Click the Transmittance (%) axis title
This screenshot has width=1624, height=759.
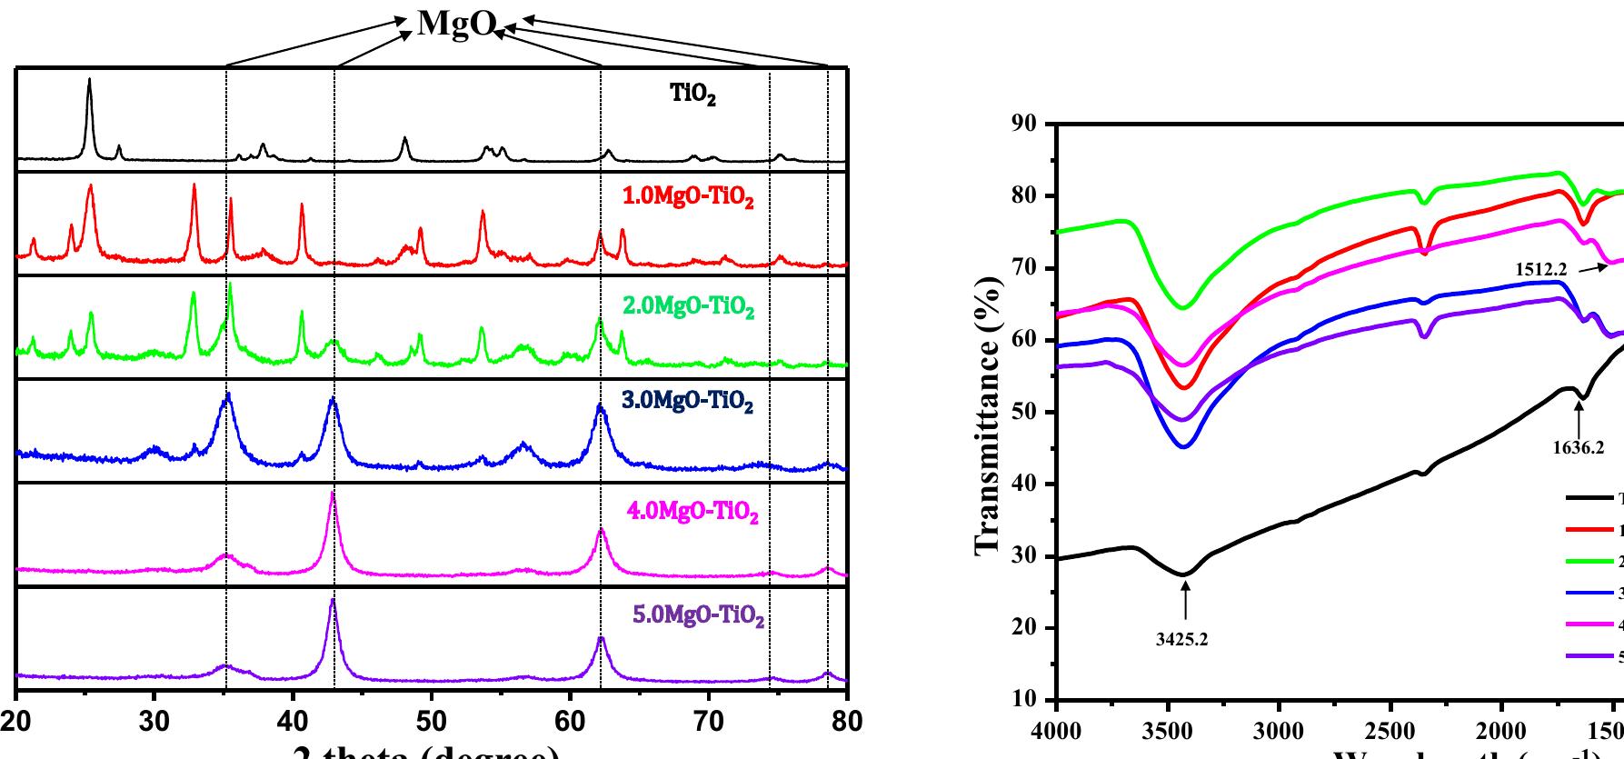(x=988, y=411)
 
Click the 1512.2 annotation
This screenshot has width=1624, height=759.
(x=1541, y=269)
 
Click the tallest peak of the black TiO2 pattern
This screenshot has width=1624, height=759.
(x=89, y=80)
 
